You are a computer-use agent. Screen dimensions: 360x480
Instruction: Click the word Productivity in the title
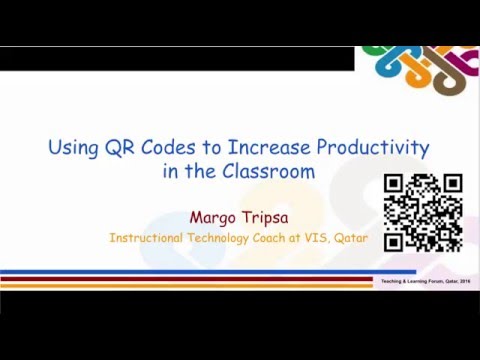(372, 149)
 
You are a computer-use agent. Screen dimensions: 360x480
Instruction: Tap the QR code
(423, 212)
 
